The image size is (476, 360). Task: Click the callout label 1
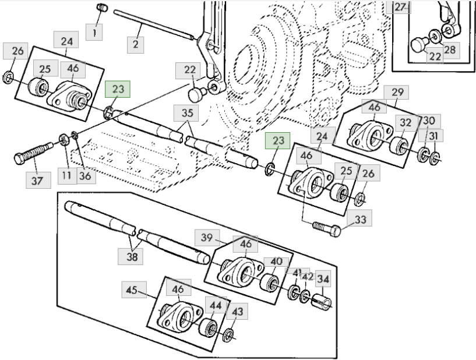point(94,31)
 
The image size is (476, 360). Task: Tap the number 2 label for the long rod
point(135,44)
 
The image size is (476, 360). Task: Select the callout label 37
point(38,181)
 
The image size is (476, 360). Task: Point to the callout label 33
point(359,218)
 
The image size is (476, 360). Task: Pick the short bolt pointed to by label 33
point(327,229)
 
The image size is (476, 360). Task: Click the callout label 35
point(186,113)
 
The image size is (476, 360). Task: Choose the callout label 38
point(131,256)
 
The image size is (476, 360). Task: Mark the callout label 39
point(207,237)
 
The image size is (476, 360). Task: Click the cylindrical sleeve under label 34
point(322,302)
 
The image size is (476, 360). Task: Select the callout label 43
point(237,311)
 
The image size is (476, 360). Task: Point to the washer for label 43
point(228,335)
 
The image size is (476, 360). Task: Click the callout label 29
point(396,92)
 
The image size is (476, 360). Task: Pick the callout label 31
point(434,136)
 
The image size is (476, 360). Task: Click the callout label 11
point(68,175)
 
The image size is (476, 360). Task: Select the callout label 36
point(86,175)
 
